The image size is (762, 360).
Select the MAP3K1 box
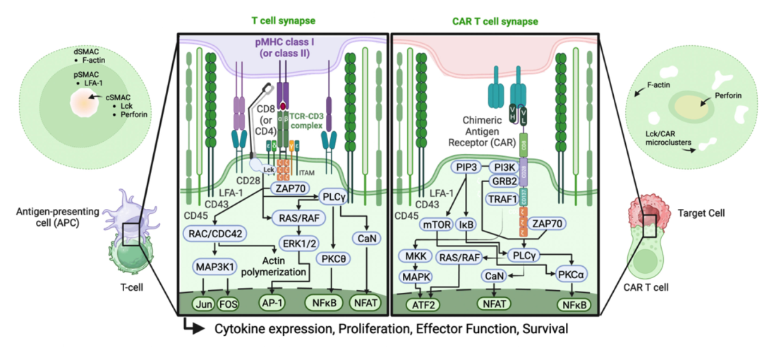click(x=215, y=267)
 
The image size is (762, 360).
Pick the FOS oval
click(x=228, y=305)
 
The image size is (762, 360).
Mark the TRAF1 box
click(x=502, y=199)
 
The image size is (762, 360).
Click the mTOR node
click(x=437, y=225)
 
